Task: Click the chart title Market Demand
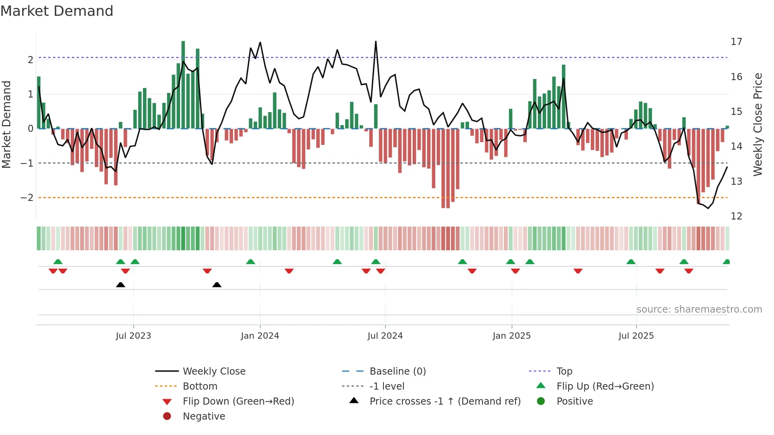(57, 11)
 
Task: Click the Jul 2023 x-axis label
(133, 336)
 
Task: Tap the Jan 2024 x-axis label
(260, 336)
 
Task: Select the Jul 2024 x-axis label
(385, 336)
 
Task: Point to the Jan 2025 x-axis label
(512, 336)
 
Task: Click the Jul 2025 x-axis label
(636, 336)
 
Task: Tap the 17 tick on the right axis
(736, 42)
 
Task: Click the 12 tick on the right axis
(736, 216)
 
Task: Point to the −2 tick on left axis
(27, 198)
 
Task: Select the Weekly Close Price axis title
(757, 124)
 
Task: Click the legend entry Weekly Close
(214, 371)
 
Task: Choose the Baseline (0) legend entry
(398, 371)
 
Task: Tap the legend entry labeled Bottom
(200, 386)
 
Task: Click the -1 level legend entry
(387, 386)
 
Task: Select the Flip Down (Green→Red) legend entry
(238, 401)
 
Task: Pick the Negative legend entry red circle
(167, 416)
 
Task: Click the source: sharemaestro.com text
(699, 309)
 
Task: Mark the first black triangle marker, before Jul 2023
(120, 285)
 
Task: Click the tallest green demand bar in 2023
(183, 85)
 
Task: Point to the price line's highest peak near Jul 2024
(376, 41)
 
